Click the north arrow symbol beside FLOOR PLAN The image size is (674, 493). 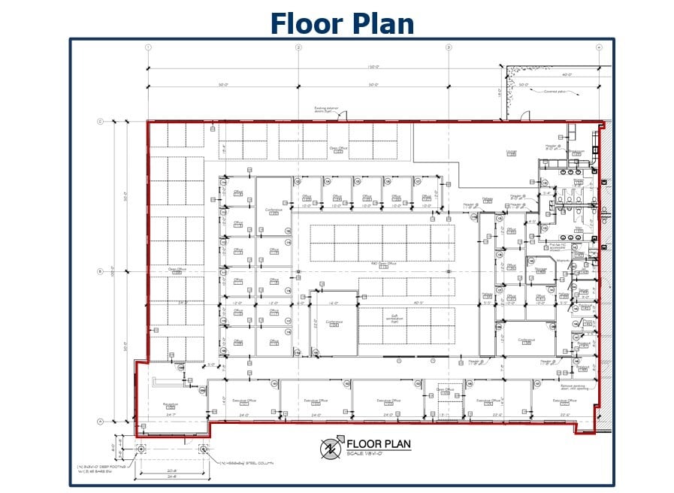pos(329,448)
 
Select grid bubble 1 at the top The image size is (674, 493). pos(149,47)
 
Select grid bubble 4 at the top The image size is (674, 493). pos(599,47)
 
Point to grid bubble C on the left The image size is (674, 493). pos(100,122)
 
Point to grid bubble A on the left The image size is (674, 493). pos(100,422)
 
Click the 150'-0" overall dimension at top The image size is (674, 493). pos(373,67)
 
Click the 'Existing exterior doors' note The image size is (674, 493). pos(327,111)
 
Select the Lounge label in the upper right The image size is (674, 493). pos(512,153)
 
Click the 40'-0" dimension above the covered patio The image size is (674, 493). pos(567,74)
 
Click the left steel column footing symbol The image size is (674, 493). pos(141,449)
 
